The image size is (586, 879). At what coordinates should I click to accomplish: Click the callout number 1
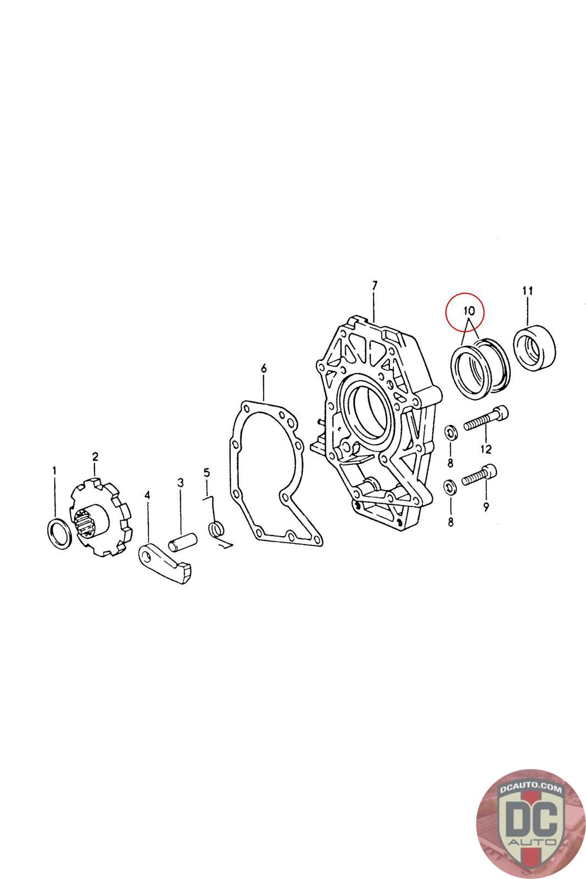54,470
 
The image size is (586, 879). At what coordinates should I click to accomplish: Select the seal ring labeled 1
50,533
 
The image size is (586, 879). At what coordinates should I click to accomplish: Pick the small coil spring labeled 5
216,530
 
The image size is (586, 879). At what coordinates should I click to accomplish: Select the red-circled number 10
469,310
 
